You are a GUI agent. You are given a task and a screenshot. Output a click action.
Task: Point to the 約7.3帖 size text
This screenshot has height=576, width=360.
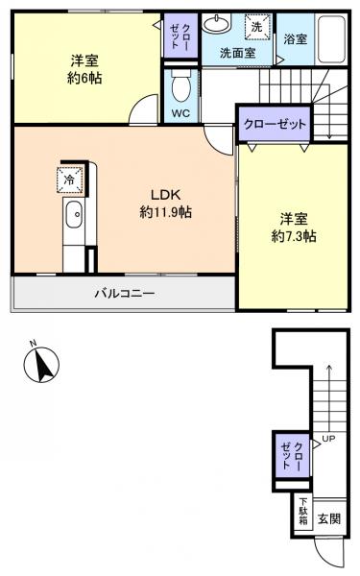293,236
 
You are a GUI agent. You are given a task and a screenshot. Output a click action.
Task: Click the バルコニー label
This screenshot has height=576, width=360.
125,293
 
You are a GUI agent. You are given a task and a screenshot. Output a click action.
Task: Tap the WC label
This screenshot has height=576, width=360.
180,112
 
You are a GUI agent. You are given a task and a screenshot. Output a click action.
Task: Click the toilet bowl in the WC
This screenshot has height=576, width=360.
180,88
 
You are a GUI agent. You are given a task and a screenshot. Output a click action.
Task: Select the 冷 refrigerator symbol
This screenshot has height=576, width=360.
69,178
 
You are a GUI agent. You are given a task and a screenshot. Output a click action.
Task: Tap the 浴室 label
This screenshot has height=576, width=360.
295,39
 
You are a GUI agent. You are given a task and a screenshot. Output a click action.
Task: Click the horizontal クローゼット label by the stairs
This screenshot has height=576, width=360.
275,125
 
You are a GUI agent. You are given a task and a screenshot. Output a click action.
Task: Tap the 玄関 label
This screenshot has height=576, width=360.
328,518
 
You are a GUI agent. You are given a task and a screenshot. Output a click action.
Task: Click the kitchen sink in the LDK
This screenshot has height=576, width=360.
74,220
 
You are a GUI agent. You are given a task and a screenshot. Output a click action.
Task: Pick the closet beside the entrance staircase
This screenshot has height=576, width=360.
292,455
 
